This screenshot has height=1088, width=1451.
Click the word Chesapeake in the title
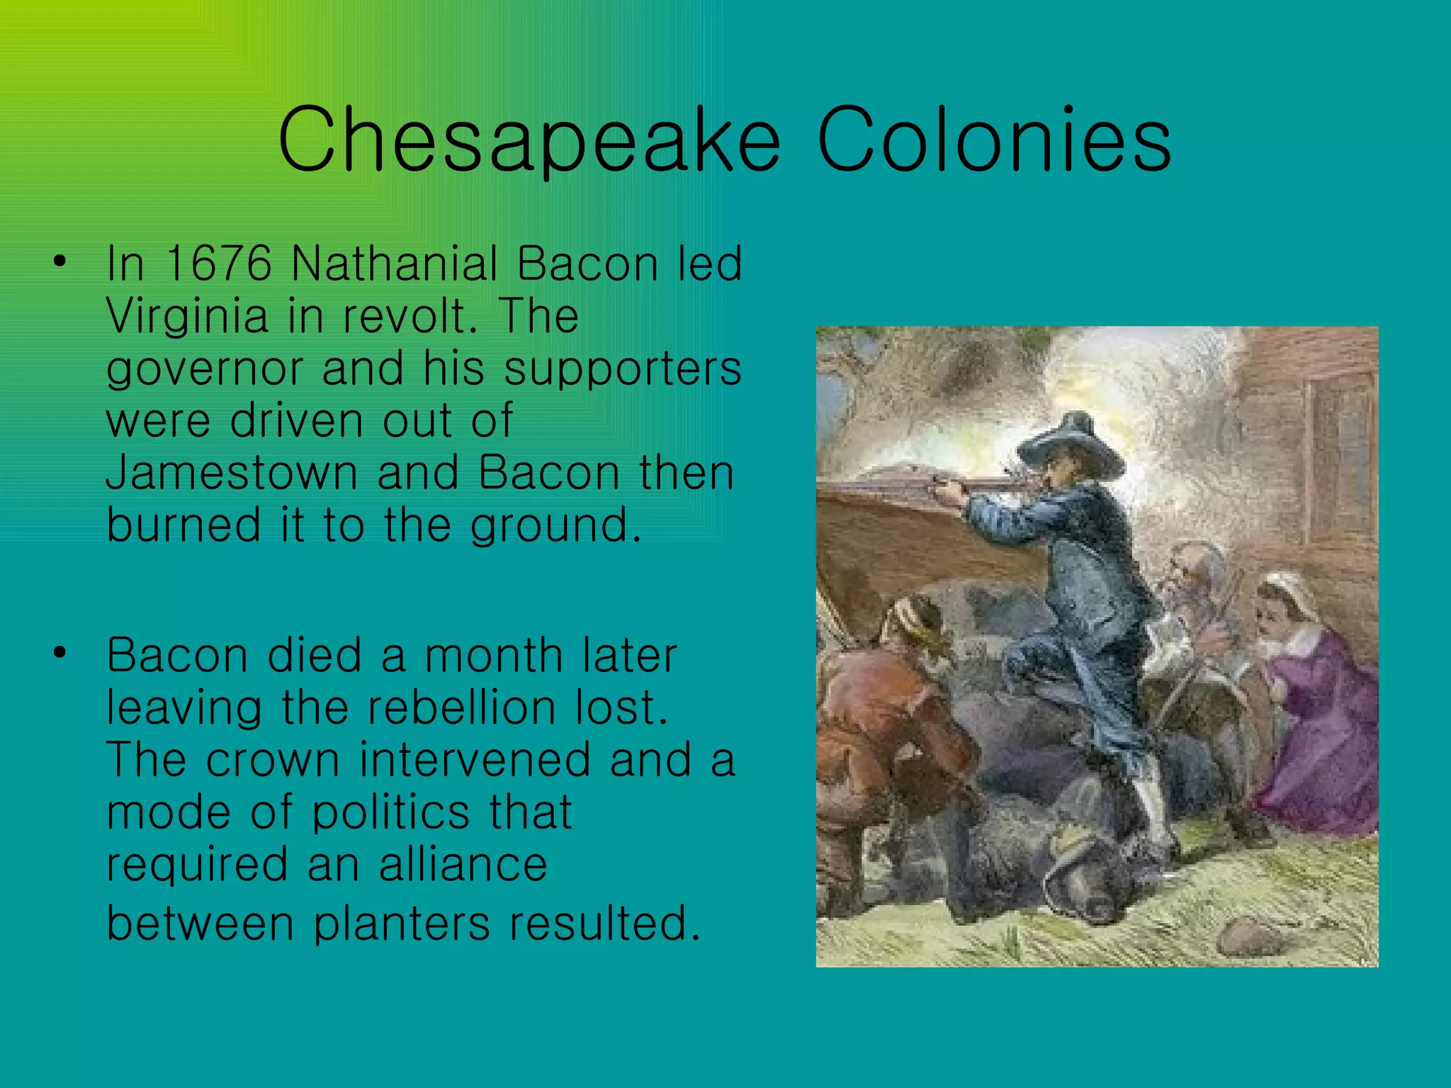(528, 140)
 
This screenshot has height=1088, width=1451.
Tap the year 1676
(218, 263)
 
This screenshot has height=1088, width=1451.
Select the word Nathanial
(394, 263)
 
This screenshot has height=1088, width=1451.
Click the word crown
(273, 759)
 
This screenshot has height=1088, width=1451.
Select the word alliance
(463, 864)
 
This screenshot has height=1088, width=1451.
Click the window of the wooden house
(1339, 453)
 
